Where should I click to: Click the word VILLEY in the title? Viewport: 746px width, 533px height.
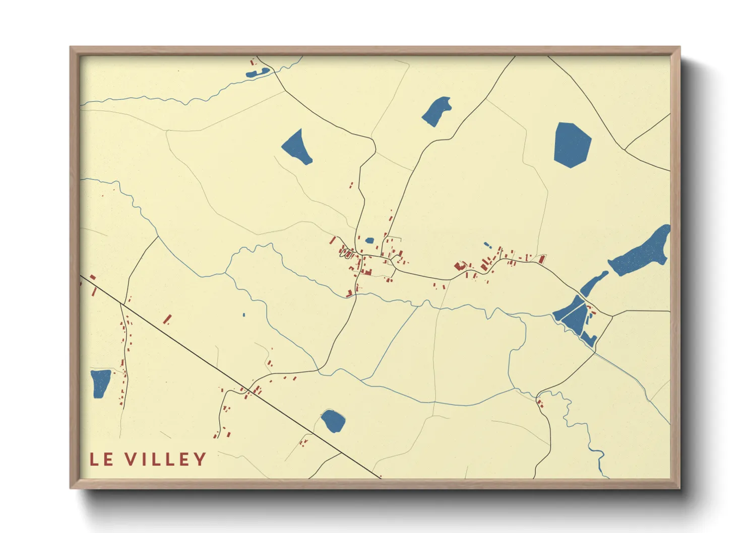click(166, 459)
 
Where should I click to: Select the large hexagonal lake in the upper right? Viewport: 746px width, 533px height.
click(572, 145)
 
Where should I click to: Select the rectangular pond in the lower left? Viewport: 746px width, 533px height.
click(100, 383)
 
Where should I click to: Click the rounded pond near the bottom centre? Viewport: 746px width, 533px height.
click(333, 421)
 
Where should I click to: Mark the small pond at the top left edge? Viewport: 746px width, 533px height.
click(258, 73)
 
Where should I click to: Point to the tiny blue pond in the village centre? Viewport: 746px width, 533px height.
click(369, 240)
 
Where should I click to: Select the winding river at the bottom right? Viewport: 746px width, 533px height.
click(585, 428)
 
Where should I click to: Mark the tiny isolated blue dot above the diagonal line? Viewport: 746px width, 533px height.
click(244, 315)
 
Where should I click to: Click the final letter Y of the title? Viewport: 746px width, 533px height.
click(201, 459)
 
